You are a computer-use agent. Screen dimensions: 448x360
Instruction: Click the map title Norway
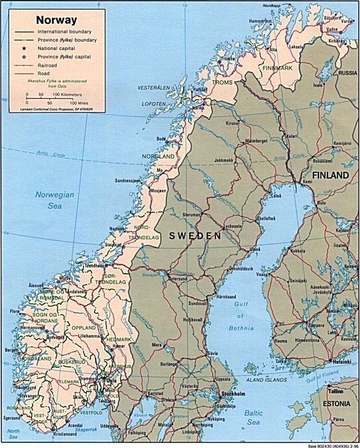tap(56, 20)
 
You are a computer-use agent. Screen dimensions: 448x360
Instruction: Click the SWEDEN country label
tap(194, 236)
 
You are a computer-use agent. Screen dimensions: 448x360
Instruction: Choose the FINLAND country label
tap(331, 175)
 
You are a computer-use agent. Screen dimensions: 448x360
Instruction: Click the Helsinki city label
tap(342, 362)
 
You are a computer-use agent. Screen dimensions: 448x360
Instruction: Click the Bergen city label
tap(10, 350)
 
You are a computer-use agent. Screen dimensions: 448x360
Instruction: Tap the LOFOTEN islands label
tap(153, 104)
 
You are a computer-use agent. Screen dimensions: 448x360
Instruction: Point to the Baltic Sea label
tap(253, 417)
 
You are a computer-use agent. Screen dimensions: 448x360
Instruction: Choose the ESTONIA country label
tap(336, 403)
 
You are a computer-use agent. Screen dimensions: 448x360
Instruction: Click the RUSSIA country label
tap(348, 73)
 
